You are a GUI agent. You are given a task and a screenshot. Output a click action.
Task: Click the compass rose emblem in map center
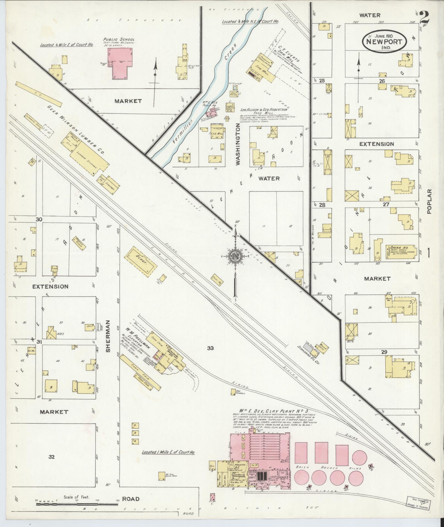point(235,256)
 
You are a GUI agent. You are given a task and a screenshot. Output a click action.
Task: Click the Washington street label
point(238,144)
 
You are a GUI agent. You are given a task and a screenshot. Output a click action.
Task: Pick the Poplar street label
point(430,201)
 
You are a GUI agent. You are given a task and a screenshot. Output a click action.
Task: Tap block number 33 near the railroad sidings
point(211,348)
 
